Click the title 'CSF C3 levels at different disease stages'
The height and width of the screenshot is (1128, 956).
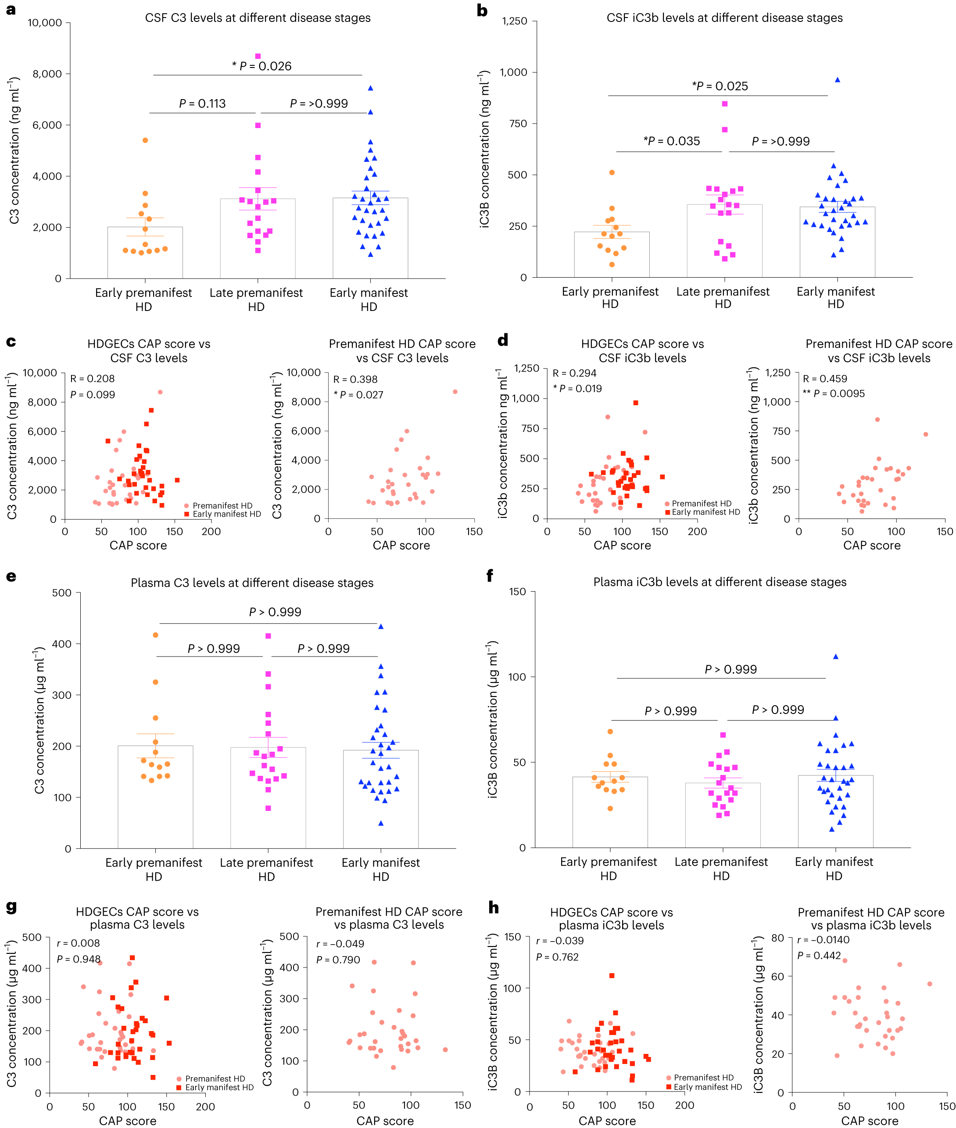point(258,18)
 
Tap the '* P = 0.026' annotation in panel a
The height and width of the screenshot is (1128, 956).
point(262,66)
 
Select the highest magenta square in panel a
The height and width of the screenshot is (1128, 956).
point(258,56)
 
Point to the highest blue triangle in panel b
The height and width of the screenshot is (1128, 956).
point(837,80)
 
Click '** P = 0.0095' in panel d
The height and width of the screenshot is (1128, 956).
point(834,393)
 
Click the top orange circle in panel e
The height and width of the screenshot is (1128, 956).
point(156,635)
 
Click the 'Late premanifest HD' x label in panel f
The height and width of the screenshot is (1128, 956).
point(721,868)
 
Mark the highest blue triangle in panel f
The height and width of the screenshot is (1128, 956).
point(836,657)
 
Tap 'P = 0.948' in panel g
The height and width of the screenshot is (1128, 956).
point(79,959)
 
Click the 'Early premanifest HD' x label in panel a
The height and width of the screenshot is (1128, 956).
point(143,300)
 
